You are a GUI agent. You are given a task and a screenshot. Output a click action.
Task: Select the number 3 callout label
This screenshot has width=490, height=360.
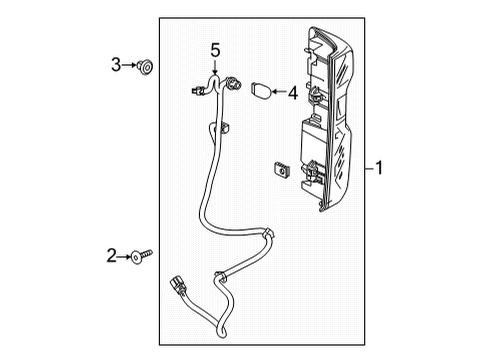tap(116, 66)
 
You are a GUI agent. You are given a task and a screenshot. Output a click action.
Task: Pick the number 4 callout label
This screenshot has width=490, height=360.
tap(293, 93)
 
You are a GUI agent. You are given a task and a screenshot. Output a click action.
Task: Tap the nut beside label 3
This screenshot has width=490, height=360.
tap(146, 67)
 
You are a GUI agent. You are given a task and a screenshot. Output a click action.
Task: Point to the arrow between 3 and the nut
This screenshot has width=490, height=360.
tap(130, 66)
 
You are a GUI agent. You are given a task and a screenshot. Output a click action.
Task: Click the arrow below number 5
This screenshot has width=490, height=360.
tap(213, 67)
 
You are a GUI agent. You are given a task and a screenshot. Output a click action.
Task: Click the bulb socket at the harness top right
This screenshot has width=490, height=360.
tap(234, 84)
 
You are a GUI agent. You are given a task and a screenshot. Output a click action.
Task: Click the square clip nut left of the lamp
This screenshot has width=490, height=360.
tap(280, 171)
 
